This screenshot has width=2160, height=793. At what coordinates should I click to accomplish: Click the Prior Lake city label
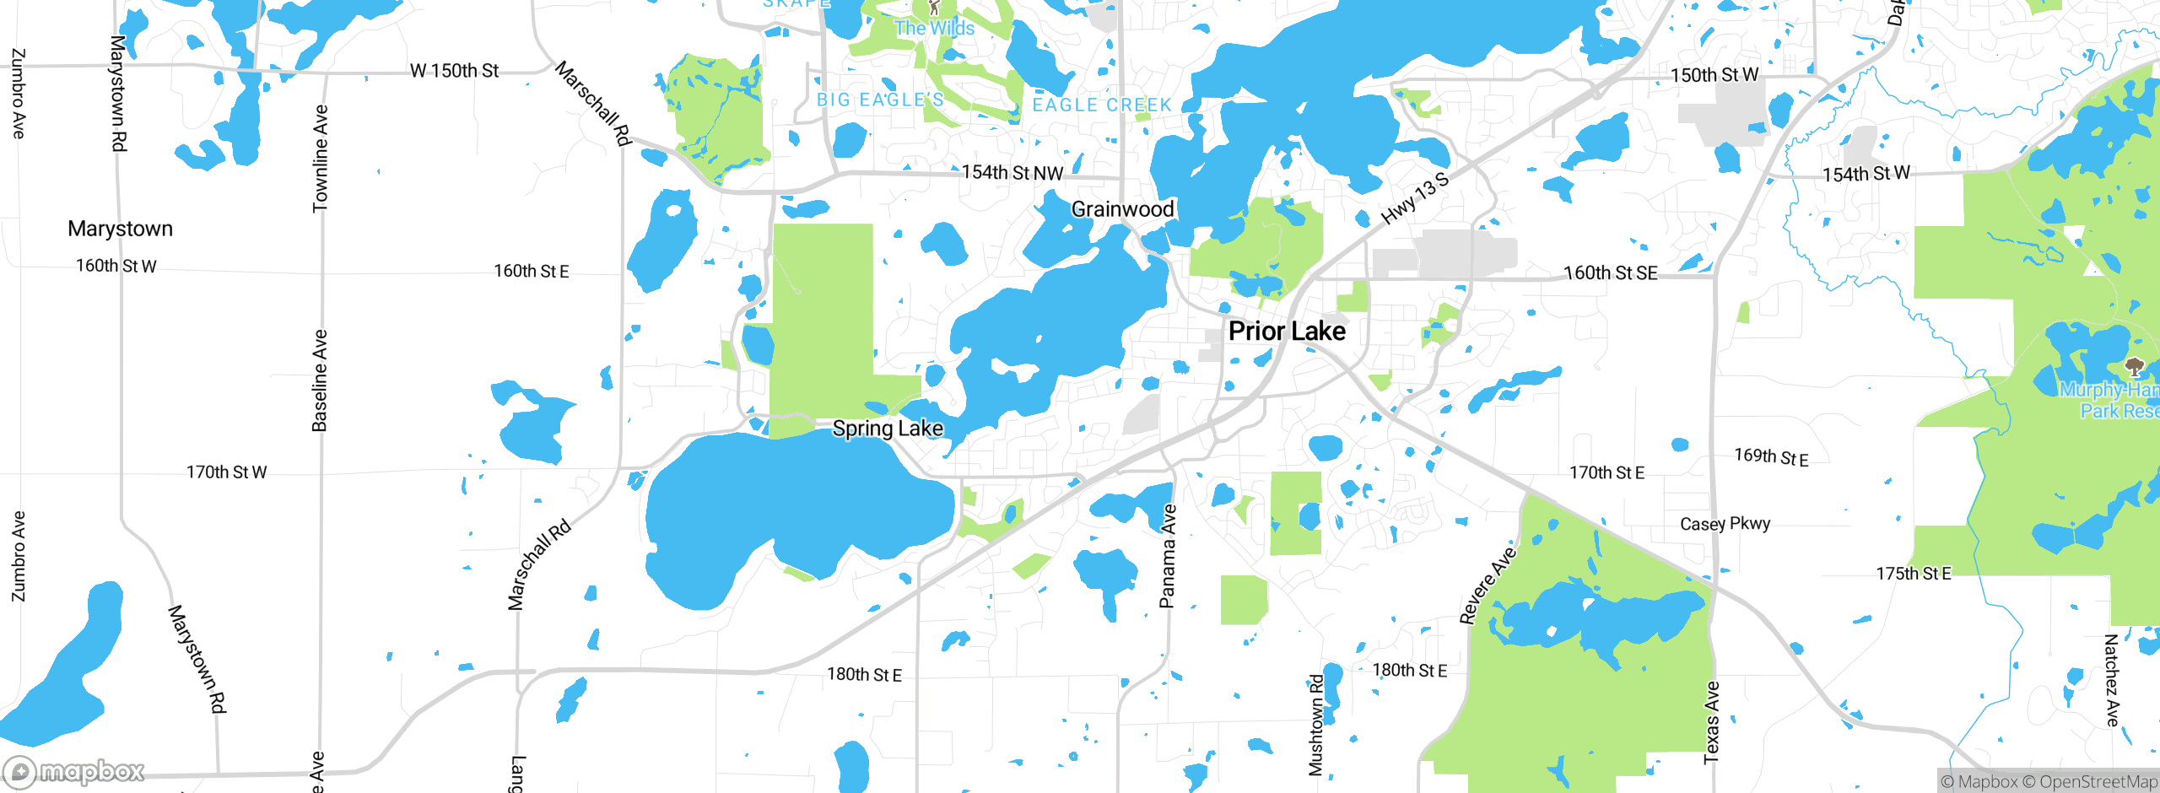click(x=1287, y=331)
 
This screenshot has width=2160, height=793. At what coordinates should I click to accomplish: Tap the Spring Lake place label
click(x=888, y=429)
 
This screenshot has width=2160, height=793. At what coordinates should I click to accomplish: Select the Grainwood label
click(x=1122, y=209)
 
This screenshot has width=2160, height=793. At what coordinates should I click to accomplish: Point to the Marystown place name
click(x=120, y=229)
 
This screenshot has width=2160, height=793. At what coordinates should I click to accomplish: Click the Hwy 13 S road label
click(x=1415, y=198)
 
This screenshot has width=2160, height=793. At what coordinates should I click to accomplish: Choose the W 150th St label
click(x=454, y=71)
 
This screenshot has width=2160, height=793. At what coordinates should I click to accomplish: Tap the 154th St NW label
click(x=1012, y=173)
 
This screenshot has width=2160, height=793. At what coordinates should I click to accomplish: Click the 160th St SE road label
click(x=1610, y=272)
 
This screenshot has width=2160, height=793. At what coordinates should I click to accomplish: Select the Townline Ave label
click(x=321, y=158)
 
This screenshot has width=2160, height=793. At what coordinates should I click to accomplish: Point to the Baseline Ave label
click(x=320, y=380)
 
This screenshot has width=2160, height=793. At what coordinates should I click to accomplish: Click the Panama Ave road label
click(x=1168, y=556)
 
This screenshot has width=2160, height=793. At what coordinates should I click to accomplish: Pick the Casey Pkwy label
click(x=1725, y=524)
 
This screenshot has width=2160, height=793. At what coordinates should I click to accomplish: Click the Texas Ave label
click(x=1711, y=723)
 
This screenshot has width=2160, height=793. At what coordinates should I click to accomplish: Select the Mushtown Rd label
click(x=1316, y=725)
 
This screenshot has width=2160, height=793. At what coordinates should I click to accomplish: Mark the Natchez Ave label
click(x=2111, y=681)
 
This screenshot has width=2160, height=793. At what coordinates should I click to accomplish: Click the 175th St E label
click(x=1914, y=574)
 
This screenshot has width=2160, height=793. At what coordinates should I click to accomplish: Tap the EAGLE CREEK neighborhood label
click(x=1102, y=105)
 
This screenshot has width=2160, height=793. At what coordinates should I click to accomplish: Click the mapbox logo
click(x=74, y=771)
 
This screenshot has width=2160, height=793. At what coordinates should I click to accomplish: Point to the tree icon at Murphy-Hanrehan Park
click(x=2134, y=366)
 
